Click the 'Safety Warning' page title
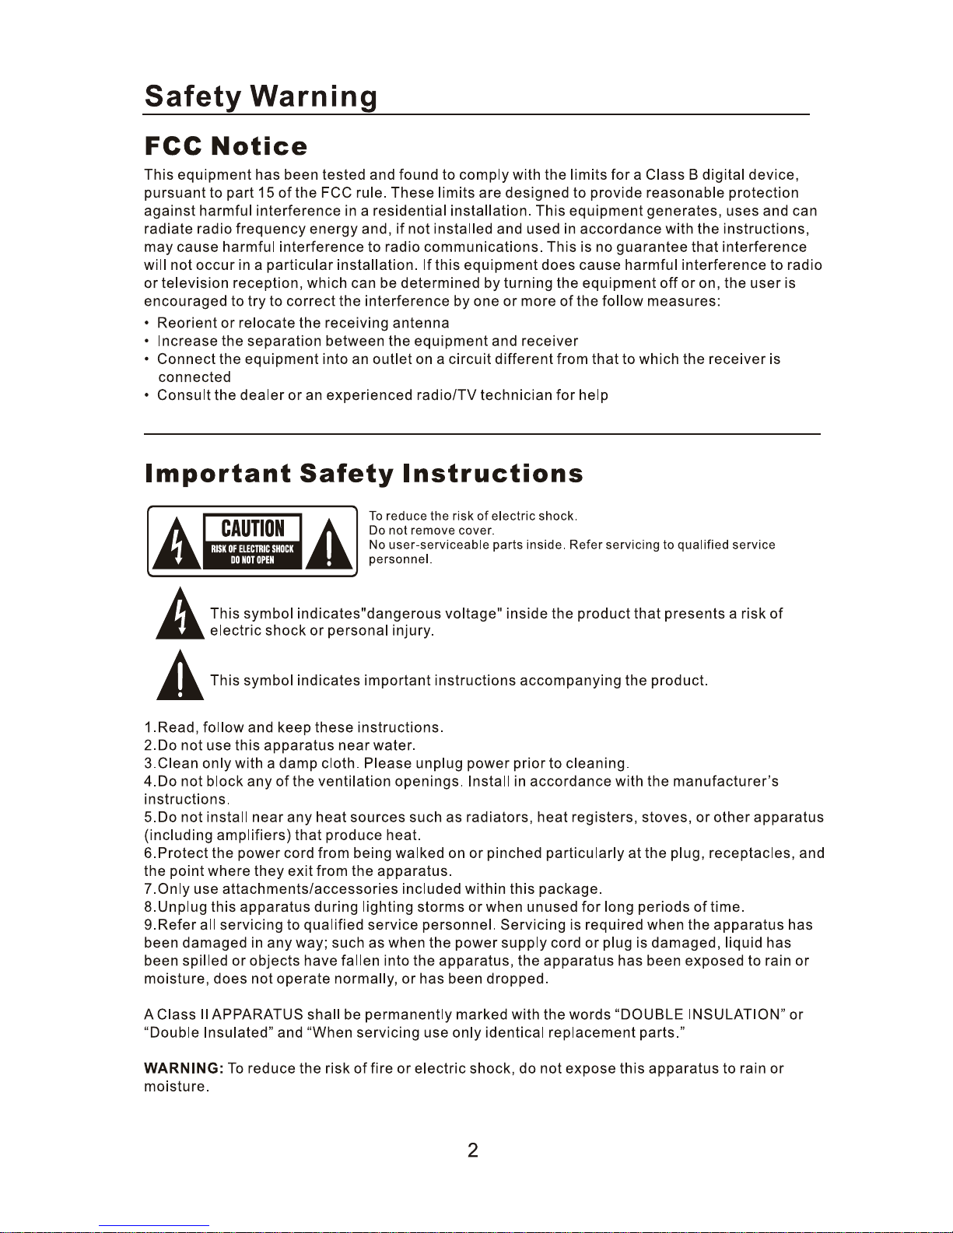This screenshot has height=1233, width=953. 261,96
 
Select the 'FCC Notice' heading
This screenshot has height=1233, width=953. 226,146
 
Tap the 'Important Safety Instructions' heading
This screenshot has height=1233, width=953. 363,473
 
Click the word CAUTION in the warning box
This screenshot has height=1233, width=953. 253,528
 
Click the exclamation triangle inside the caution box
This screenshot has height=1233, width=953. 330,545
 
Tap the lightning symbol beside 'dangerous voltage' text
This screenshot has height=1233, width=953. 180,615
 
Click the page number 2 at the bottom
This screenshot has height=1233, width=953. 472,1151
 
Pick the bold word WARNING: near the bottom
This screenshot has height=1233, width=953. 184,1069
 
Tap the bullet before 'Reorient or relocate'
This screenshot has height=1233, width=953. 146,324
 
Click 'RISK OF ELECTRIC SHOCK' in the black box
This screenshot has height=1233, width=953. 252,548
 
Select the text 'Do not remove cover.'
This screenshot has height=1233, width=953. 431,531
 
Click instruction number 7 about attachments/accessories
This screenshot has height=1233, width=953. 373,889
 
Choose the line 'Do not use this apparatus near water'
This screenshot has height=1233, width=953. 280,745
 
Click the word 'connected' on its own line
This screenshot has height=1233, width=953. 194,377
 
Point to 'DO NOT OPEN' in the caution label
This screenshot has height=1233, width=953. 252,560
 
